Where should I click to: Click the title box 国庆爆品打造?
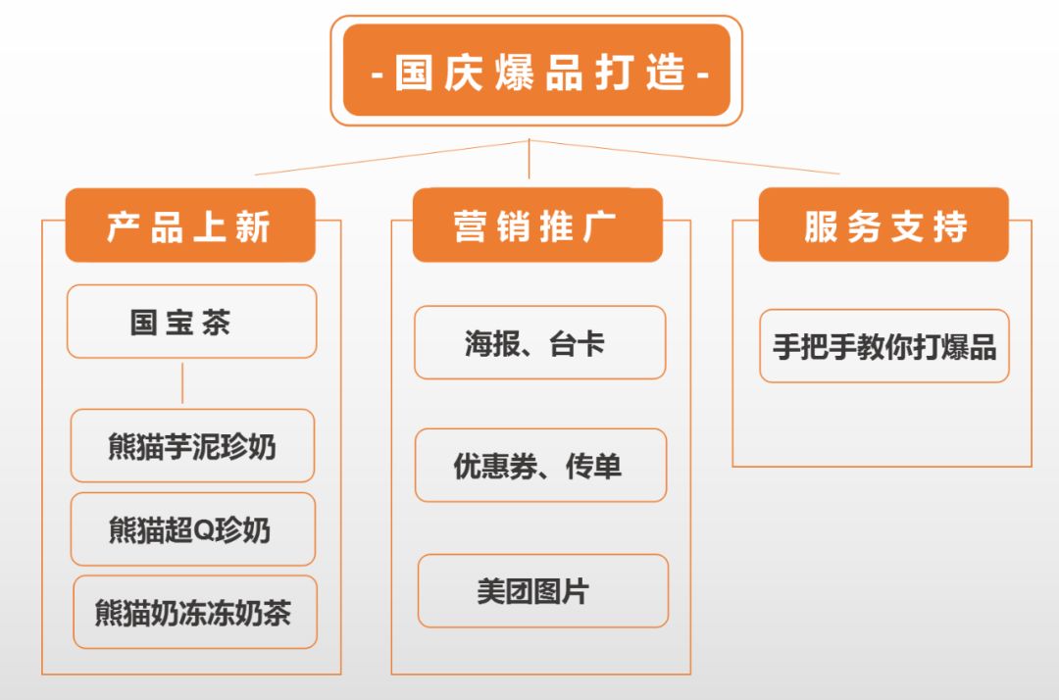pyautogui.click(x=536, y=71)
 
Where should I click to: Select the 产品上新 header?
pyautogui.click(x=190, y=225)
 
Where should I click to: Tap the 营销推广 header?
pyautogui.click(x=537, y=225)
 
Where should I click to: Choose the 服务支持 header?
pyautogui.click(x=883, y=225)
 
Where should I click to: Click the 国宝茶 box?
pyautogui.click(x=192, y=322)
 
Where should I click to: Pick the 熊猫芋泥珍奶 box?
pyautogui.click(x=192, y=445)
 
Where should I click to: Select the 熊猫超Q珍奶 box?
pyautogui.click(x=192, y=529)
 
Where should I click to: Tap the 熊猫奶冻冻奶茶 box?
pyautogui.click(x=195, y=612)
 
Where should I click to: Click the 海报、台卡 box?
pyautogui.click(x=539, y=342)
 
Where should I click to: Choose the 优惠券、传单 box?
pyautogui.click(x=540, y=465)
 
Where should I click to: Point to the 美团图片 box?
pyautogui.click(x=543, y=590)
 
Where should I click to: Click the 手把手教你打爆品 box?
pyautogui.click(x=884, y=346)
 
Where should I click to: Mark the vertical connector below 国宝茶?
pyautogui.click(x=182, y=383)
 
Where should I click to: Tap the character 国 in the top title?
pyautogui.click(x=414, y=73)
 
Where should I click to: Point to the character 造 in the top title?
pyautogui.click(x=665, y=73)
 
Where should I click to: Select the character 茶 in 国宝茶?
pyautogui.click(x=216, y=322)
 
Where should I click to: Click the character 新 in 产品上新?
pyautogui.click(x=253, y=226)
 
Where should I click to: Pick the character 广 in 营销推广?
pyautogui.click(x=599, y=226)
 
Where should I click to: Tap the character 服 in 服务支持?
pyautogui.click(x=821, y=226)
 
